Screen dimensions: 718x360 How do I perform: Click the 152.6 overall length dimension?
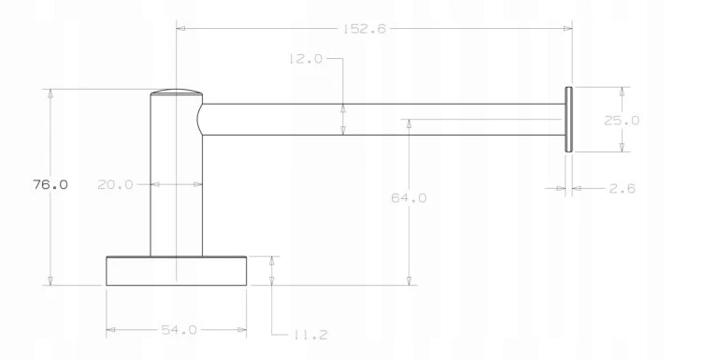pos(365,29)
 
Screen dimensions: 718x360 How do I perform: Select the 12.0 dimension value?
pos(306,59)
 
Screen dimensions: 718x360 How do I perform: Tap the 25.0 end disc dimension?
pos(622,121)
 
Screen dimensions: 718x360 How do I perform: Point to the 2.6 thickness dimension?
pos(622,188)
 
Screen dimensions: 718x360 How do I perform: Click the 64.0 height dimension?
pos(409,198)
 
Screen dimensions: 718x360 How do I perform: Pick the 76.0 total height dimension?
pos(50,184)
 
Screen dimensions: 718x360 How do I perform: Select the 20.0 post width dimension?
pos(115,184)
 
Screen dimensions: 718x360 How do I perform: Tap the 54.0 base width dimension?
pos(179,330)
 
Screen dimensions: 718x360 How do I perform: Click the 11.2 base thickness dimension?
pos(310,335)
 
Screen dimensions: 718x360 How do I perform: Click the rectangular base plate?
pos(177,271)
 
